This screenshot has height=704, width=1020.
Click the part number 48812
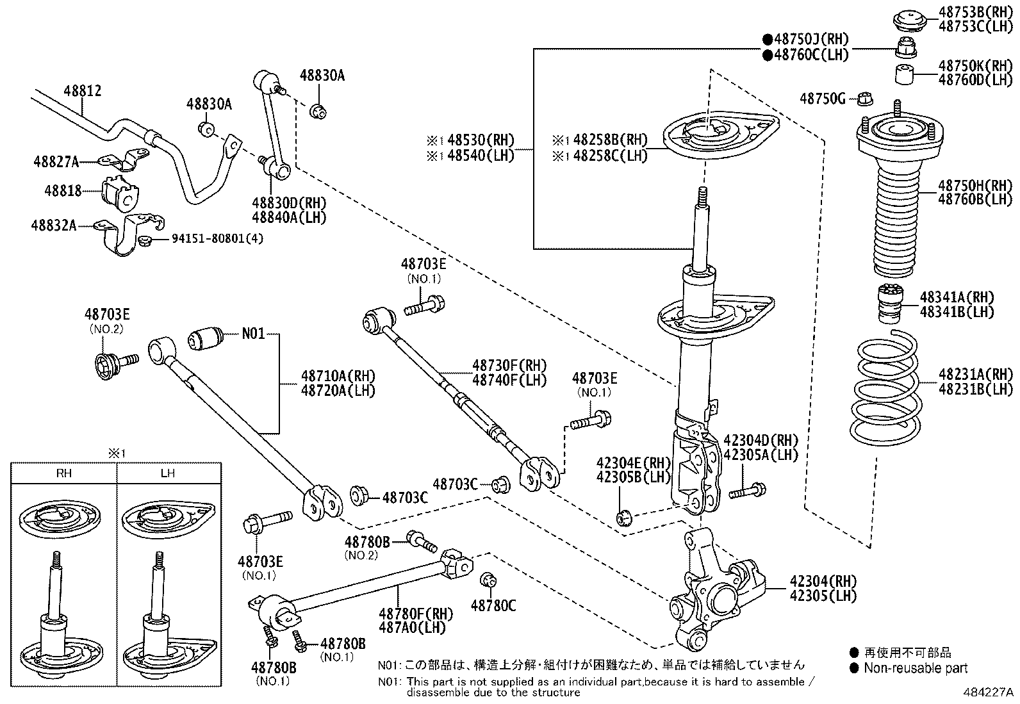click(x=82, y=91)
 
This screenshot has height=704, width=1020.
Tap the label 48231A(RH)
click(x=975, y=374)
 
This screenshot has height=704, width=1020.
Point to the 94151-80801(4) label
click(x=217, y=239)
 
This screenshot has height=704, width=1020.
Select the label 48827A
click(x=56, y=162)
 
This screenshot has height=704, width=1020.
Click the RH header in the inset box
click(x=64, y=473)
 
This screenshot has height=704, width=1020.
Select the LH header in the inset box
click(x=169, y=473)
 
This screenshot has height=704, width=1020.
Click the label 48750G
click(x=823, y=99)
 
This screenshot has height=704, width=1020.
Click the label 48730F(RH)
click(x=509, y=366)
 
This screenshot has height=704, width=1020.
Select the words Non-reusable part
click(x=915, y=669)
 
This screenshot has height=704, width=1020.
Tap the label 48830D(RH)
click(x=289, y=202)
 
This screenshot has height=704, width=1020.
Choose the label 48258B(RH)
click(x=609, y=140)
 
